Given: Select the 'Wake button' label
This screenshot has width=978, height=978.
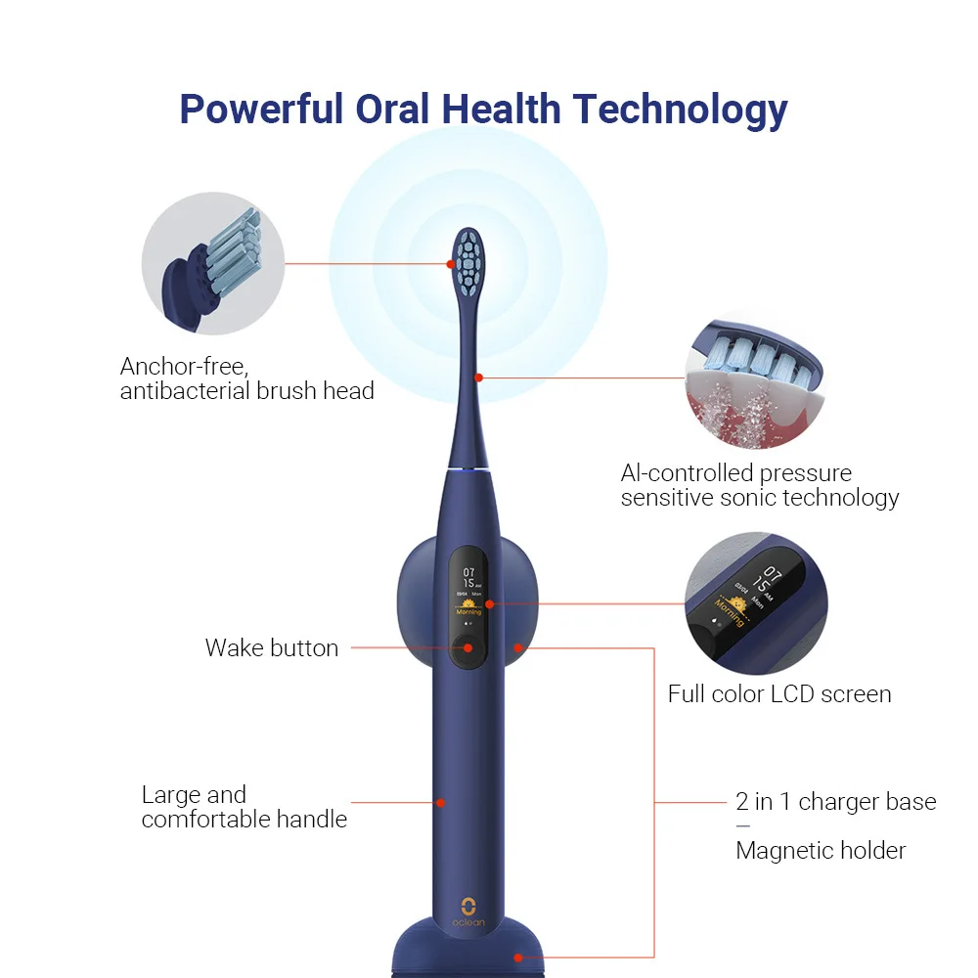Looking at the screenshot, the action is click(272, 647).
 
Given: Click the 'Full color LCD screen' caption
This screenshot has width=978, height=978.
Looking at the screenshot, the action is click(779, 694).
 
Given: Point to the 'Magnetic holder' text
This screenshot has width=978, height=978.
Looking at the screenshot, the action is click(821, 850).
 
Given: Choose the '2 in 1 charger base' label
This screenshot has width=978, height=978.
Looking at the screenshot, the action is click(835, 802).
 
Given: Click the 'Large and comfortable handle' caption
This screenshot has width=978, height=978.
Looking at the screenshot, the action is click(244, 807).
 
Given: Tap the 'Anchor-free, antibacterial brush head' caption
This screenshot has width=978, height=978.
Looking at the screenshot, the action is click(246, 378).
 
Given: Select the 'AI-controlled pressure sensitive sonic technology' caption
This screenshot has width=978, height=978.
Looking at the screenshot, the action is click(759, 485).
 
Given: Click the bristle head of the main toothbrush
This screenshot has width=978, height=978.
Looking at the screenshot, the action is click(469, 262).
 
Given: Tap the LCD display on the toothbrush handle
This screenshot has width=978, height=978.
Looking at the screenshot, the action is click(468, 593).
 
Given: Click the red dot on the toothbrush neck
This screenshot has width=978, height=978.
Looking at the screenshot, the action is click(478, 377).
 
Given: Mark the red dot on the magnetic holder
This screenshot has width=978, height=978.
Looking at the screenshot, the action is click(518, 647).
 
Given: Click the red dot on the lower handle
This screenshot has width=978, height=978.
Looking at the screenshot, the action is click(441, 803).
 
